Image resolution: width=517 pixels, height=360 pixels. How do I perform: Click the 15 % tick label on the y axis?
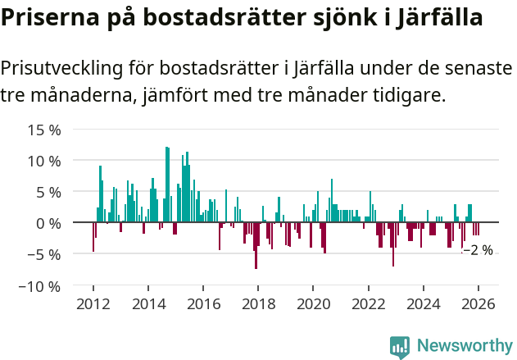click(x=44, y=130)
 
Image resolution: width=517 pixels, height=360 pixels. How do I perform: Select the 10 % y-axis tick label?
click(x=44, y=161)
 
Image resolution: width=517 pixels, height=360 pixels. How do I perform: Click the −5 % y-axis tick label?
click(x=44, y=254)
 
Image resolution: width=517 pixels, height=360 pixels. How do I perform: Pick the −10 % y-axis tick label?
click(x=41, y=286)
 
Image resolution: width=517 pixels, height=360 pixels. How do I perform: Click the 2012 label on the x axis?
click(x=93, y=303)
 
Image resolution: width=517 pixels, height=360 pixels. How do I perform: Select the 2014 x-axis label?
click(x=147, y=303)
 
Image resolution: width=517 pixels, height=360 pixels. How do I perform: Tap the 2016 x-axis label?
click(x=202, y=303)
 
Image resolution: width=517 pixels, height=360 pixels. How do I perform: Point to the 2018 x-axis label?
click(x=257, y=303)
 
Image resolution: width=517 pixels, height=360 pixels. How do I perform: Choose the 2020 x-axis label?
click(x=313, y=303)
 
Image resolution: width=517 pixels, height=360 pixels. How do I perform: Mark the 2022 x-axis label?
click(x=368, y=303)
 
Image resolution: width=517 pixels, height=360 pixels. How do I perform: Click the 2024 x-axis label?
click(x=423, y=303)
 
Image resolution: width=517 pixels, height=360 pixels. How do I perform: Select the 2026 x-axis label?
click(x=478, y=303)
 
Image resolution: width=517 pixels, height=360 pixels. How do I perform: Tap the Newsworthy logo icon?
click(x=400, y=347)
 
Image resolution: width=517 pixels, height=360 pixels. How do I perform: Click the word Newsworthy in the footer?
click(x=465, y=347)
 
